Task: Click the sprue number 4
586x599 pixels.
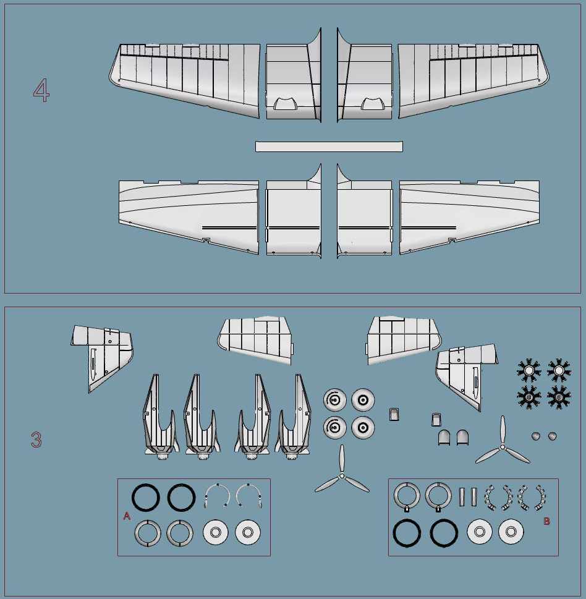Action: (41, 91)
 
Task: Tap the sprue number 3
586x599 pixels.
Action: (36, 440)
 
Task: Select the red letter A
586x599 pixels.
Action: (127, 516)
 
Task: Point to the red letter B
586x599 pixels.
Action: (546, 521)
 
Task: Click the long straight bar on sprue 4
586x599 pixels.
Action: (329, 147)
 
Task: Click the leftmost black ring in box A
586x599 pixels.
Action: (146, 497)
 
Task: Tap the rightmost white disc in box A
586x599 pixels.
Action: (247, 532)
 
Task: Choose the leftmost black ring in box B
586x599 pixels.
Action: (407, 532)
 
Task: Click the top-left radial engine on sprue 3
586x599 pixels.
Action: (529, 370)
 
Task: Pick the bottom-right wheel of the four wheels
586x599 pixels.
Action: (363, 427)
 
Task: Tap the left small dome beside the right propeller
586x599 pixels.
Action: (535, 436)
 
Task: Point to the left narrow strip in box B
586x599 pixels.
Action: (462, 496)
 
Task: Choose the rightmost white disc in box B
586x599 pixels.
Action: (511, 532)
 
